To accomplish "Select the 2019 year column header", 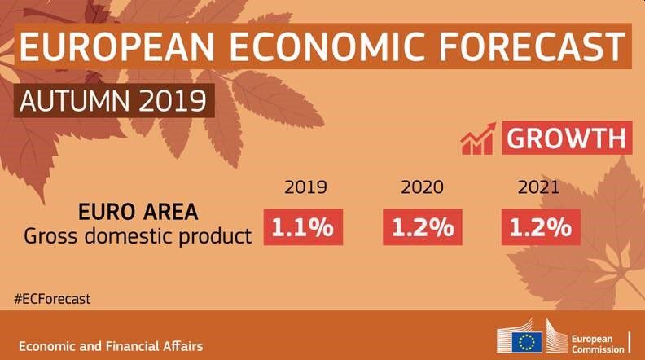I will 305,188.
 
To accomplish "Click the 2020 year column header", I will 422,188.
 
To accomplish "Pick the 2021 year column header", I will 538,188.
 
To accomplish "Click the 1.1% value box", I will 303,227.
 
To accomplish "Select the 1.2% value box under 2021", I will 541,227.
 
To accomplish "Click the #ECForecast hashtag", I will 51,298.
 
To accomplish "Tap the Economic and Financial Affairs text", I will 111,346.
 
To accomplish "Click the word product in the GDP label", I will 220,237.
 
